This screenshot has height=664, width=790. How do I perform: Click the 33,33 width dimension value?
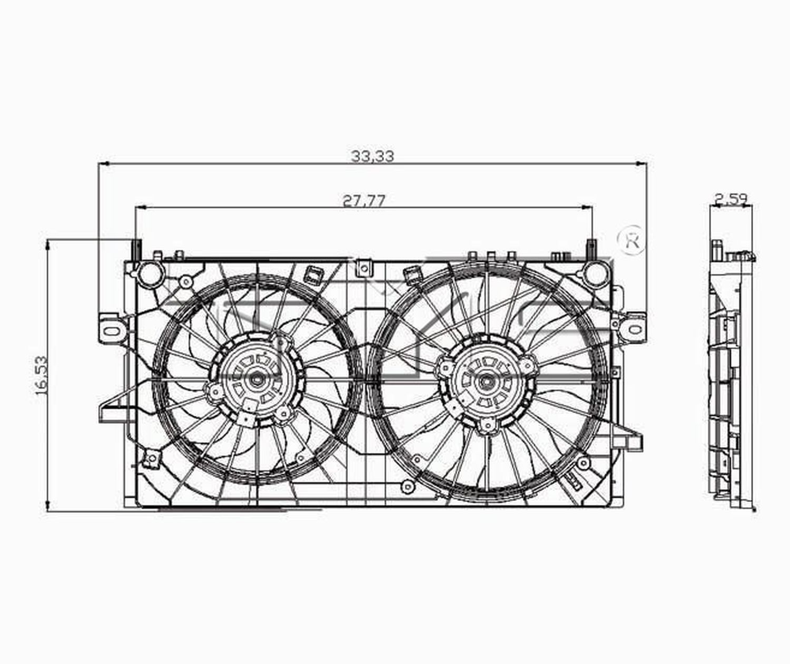click(373, 156)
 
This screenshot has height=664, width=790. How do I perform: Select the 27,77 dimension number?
click(363, 201)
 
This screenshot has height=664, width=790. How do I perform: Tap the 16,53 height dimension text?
click(41, 376)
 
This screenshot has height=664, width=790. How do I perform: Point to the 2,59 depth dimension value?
click(732, 199)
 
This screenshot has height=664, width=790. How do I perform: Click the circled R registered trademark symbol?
click(631, 240)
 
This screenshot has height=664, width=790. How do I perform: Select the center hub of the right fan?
click(485, 382)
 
